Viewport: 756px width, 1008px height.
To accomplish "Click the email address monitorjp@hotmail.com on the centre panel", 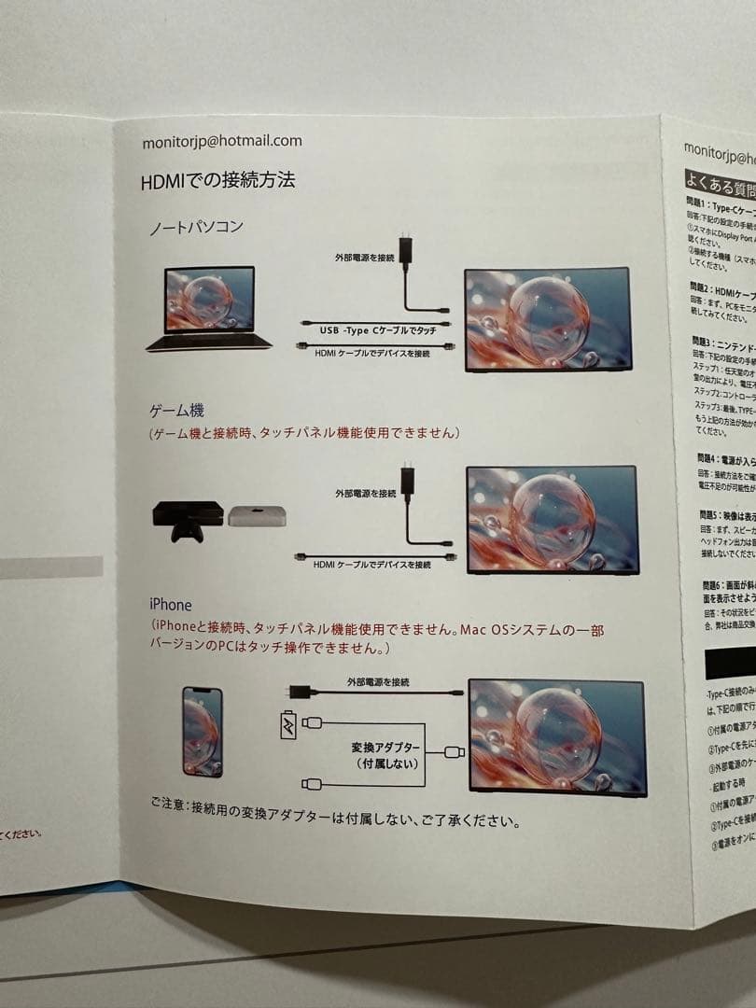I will click(x=222, y=141).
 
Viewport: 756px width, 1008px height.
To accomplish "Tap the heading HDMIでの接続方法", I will click(x=217, y=180).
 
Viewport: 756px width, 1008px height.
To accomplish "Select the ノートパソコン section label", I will click(x=197, y=228).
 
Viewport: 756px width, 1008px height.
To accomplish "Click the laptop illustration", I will click(x=209, y=309).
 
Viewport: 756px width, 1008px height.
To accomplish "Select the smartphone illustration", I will click(x=203, y=732).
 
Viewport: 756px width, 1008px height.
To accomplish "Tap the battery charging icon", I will click(x=289, y=724).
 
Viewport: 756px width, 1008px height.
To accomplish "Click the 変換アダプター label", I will click(x=385, y=749).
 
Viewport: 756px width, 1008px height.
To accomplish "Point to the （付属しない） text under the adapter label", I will click(x=385, y=764).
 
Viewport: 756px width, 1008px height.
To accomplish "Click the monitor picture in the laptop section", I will click(x=548, y=320).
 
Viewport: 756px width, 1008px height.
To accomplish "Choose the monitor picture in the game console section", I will click(x=552, y=518).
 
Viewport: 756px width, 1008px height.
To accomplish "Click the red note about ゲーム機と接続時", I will click(x=304, y=433).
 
